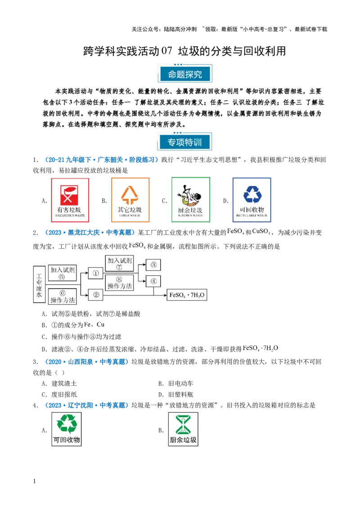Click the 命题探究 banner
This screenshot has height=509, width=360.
pos(185,74)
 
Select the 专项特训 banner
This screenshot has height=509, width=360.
pos(185,143)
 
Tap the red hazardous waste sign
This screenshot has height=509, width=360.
pos(70,200)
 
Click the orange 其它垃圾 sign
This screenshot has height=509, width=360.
pos(130,200)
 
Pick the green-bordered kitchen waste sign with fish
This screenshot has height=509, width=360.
pos(190,200)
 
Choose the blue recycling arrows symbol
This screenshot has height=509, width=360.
pos(252,194)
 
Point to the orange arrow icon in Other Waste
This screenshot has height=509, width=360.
pos(130,194)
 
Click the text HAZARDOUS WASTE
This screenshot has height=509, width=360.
pos(70,216)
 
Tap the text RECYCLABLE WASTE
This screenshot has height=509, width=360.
pos(252,216)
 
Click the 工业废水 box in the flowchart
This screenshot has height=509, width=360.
pos(39,284)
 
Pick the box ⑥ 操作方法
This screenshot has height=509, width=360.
pos(62,296)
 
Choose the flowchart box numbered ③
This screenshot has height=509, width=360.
pos(153,265)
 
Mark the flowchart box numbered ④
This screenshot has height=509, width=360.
pos(153,281)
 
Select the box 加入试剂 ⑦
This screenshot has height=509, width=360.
pos(119,264)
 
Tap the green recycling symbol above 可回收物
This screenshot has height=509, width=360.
pos(67,424)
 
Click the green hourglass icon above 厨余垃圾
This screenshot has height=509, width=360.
pos(183,424)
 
